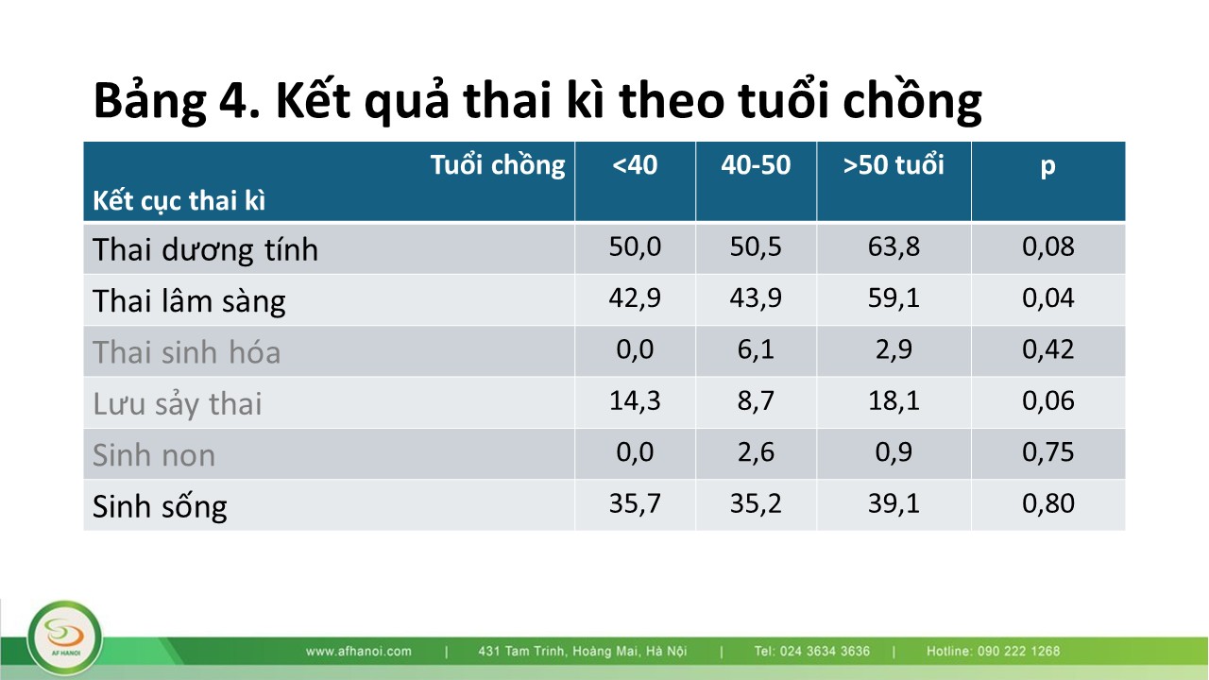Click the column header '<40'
pos(635,164)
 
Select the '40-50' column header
pos(756,164)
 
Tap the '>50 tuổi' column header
pos(894,164)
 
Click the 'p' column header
pos(1047,167)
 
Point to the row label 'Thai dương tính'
pos(205,249)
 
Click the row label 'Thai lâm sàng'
pos(189,300)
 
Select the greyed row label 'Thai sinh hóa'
pos(186,352)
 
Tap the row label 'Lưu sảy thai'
pos(177,403)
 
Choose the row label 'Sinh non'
pos(154,455)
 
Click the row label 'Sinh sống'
pos(160,506)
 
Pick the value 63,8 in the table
pos(894,246)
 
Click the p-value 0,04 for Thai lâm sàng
pos(1048,297)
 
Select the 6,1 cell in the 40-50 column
pos(756,349)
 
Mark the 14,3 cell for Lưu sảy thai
pos(635,401)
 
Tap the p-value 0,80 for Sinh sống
pos(1048,503)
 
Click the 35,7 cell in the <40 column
pos(635,503)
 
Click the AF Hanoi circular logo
pos(65,638)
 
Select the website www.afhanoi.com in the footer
pos(358,652)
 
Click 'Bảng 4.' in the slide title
pos(177,101)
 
